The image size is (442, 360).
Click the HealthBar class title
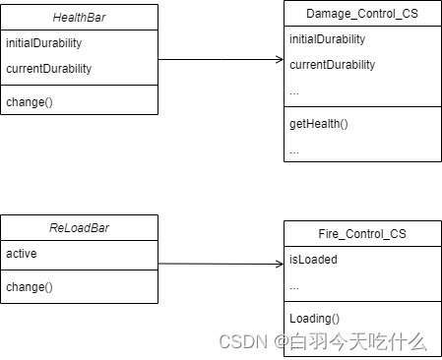(x=79, y=17)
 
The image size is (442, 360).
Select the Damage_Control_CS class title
(x=360, y=14)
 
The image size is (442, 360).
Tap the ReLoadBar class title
(x=79, y=228)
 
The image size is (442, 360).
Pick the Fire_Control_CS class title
(x=361, y=235)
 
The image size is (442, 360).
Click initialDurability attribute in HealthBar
(x=43, y=43)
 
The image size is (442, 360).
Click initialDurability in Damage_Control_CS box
(x=327, y=39)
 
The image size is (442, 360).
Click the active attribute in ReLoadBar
(x=22, y=254)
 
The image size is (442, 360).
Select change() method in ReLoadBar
(x=30, y=286)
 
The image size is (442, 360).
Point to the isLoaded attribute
(x=313, y=261)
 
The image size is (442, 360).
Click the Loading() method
(x=314, y=318)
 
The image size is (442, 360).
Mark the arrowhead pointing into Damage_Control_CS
(x=279, y=60)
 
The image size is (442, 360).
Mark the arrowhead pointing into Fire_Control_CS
(x=279, y=264)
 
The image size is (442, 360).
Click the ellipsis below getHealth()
(x=294, y=150)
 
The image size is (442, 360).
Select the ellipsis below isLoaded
(x=294, y=286)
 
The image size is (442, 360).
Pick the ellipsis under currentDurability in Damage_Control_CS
(x=294, y=91)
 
